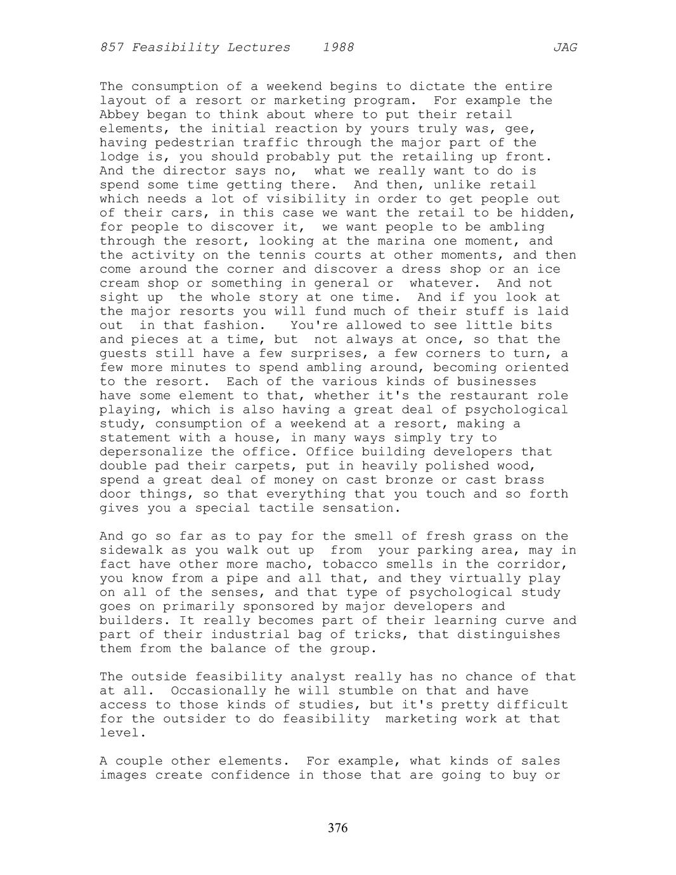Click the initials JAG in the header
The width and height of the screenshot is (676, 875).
564,48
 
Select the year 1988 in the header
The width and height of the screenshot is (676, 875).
338,48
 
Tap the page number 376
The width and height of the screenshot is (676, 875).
338,828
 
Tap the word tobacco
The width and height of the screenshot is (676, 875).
350,564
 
